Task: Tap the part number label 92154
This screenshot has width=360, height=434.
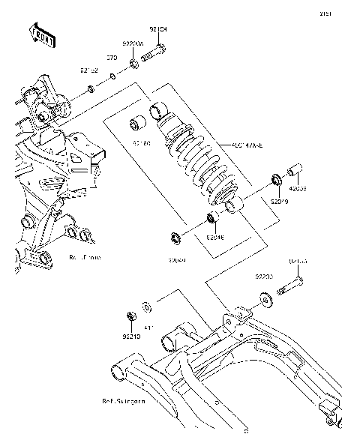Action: pyautogui.click(x=158, y=30)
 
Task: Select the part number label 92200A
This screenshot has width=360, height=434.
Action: pyautogui.click(x=133, y=44)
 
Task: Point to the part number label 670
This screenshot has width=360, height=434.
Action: pyautogui.click(x=111, y=57)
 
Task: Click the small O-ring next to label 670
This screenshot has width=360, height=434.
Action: pyautogui.click(x=112, y=76)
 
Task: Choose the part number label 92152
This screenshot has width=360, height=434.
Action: pyautogui.click(x=89, y=70)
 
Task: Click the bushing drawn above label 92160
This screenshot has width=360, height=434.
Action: pyautogui.click(x=138, y=123)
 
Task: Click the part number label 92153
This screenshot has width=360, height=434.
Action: pyautogui.click(x=298, y=262)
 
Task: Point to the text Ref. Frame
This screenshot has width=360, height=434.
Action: pyautogui.click(x=85, y=257)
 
